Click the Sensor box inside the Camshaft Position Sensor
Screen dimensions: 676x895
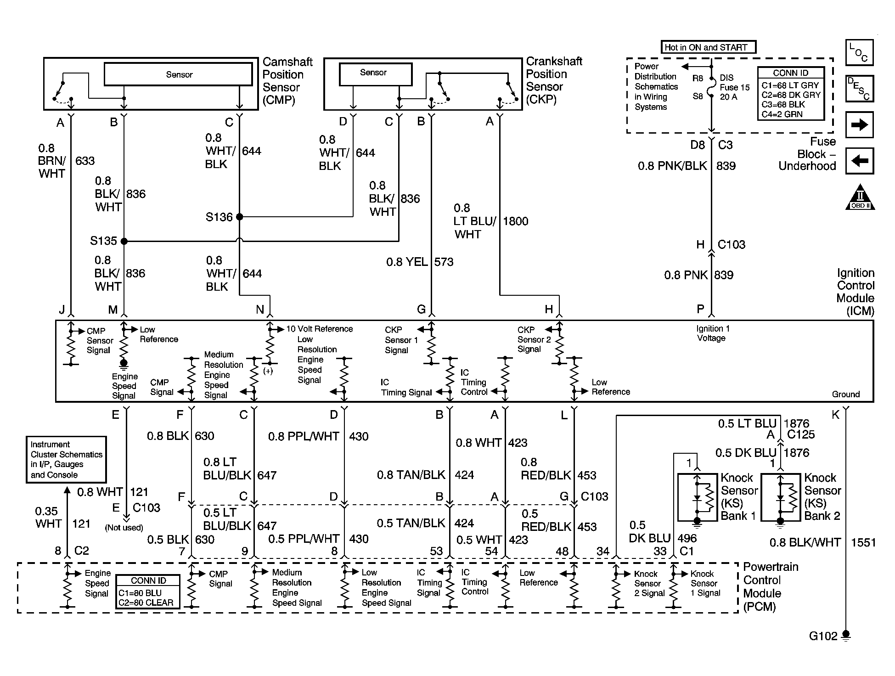click(x=178, y=74)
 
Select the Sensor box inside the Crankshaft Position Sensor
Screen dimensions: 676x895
click(x=375, y=74)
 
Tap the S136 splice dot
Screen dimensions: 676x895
click(x=239, y=217)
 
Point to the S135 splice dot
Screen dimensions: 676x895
click(x=124, y=241)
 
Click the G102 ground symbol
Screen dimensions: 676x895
click(x=846, y=636)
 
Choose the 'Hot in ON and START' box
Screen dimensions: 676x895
click(x=708, y=47)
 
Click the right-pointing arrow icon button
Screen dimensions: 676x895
click(x=859, y=125)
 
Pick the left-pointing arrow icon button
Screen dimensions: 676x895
click(x=859, y=161)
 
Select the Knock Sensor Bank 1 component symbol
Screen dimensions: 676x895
click(x=697, y=498)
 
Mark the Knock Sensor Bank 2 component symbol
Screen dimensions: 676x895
click(x=780, y=498)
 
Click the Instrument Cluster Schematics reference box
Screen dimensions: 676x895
click(x=66, y=459)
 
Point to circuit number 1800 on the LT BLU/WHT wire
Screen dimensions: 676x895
click(x=515, y=221)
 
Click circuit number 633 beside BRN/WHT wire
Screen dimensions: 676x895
click(x=84, y=161)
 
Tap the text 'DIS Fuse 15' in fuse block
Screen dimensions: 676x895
click(x=734, y=83)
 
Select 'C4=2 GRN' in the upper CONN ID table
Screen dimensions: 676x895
click(x=782, y=114)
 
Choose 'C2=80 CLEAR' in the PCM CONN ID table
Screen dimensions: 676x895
click(x=146, y=603)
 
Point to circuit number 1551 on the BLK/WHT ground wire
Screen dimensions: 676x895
click(x=863, y=543)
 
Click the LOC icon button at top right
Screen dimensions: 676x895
click(x=859, y=53)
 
